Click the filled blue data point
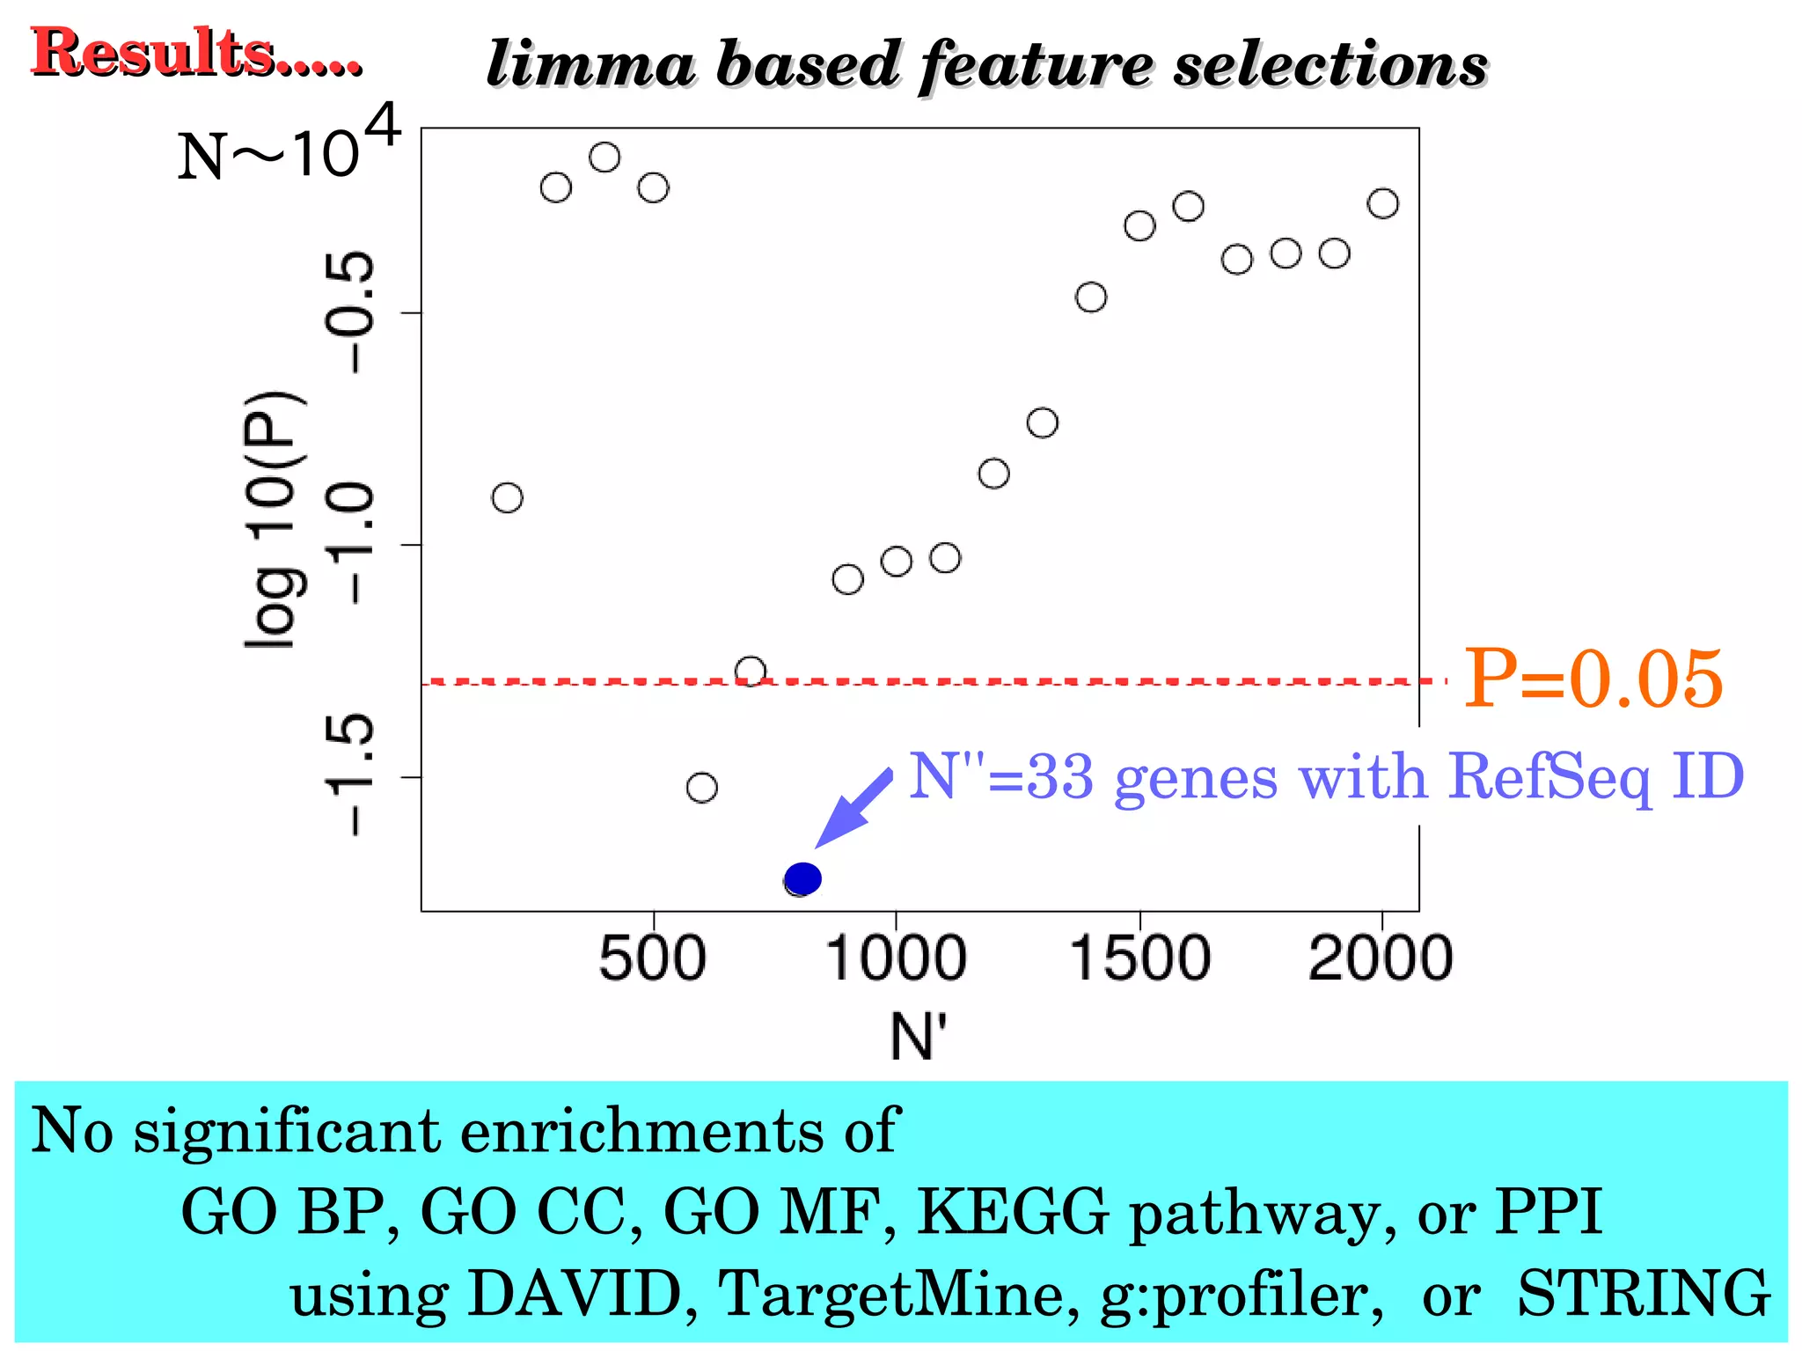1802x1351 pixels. (x=802, y=877)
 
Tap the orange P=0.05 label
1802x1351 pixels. (x=1593, y=679)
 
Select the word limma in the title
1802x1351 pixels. (x=590, y=65)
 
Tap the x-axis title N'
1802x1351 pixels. (x=918, y=1036)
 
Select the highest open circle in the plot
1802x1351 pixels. (x=604, y=158)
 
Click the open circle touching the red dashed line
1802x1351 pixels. (x=750, y=672)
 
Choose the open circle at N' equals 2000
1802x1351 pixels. (x=1382, y=203)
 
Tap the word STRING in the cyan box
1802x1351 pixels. (x=1644, y=1293)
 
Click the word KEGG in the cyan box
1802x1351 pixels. (x=1013, y=1212)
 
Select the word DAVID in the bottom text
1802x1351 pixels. (x=575, y=1293)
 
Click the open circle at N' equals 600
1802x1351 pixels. (x=701, y=787)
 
